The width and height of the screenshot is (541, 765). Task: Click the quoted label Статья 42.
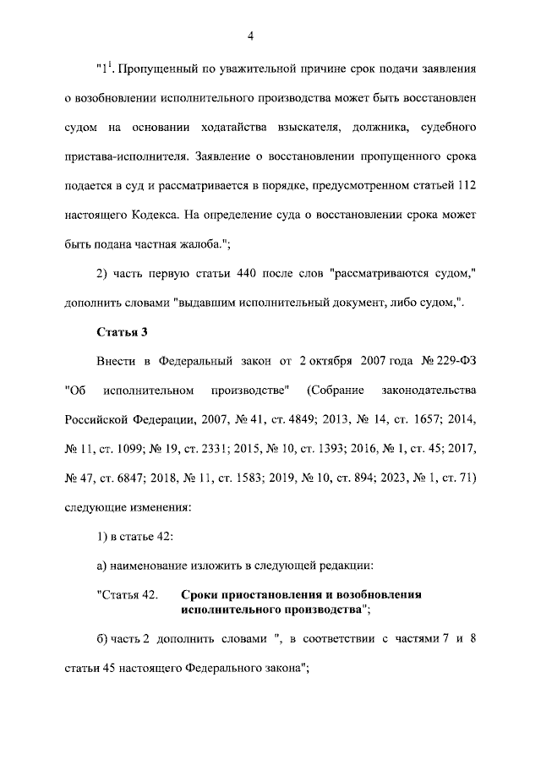[x=127, y=594]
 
